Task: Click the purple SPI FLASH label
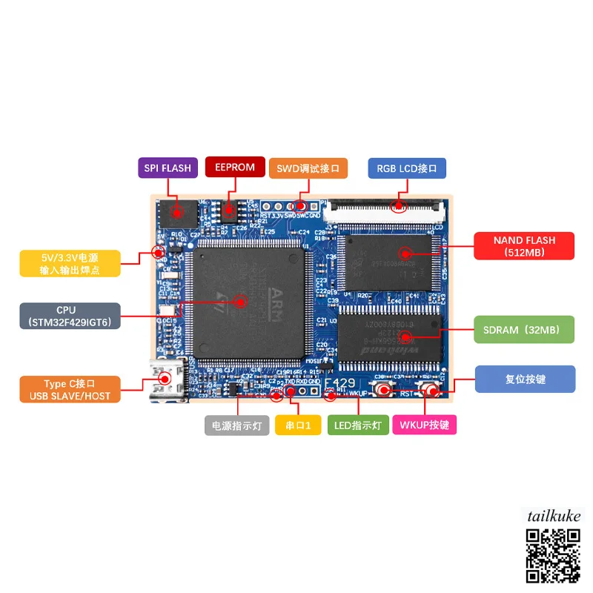tap(168, 168)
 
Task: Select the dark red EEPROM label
tap(235, 168)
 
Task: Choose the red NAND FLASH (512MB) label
tap(524, 246)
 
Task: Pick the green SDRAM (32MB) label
tap(524, 329)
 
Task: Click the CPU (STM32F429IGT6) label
tap(70, 316)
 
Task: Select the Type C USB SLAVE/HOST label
tap(70, 390)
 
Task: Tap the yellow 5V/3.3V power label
tap(70, 263)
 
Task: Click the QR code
tap(554, 554)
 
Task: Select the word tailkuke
tap(554, 516)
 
